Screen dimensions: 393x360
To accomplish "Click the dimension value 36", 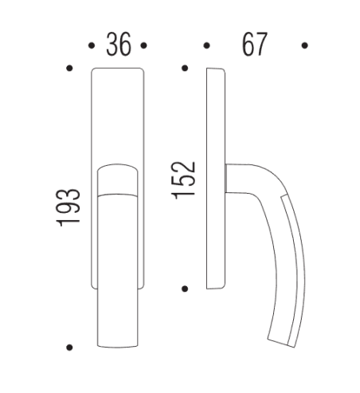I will pyautogui.click(x=119, y=45).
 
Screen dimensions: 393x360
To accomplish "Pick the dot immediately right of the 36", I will pyautogui.click(x=144, y=45).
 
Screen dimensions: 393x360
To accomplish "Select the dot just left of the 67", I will pyautogui.click(x=206, y=45).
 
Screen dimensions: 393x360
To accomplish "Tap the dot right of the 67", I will pyautogui.click(x=305, y=45).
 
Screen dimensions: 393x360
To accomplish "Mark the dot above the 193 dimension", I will pyautogui.click(x=70, y=69).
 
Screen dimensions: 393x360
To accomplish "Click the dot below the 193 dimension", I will pyautogui.click(x=70, y=347).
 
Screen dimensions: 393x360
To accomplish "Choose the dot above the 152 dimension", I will pyautogui.click(x=185, y=69).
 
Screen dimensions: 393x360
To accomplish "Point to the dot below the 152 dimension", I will pyautogui.click(x=185, y=288).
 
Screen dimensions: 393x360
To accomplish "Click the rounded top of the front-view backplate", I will pyautogui.click(x=118, y=74).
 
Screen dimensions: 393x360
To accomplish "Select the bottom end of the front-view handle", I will pyautogui.click(x=119, y=344).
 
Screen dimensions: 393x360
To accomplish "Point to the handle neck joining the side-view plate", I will pyautogui.click(x=237, y=178).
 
